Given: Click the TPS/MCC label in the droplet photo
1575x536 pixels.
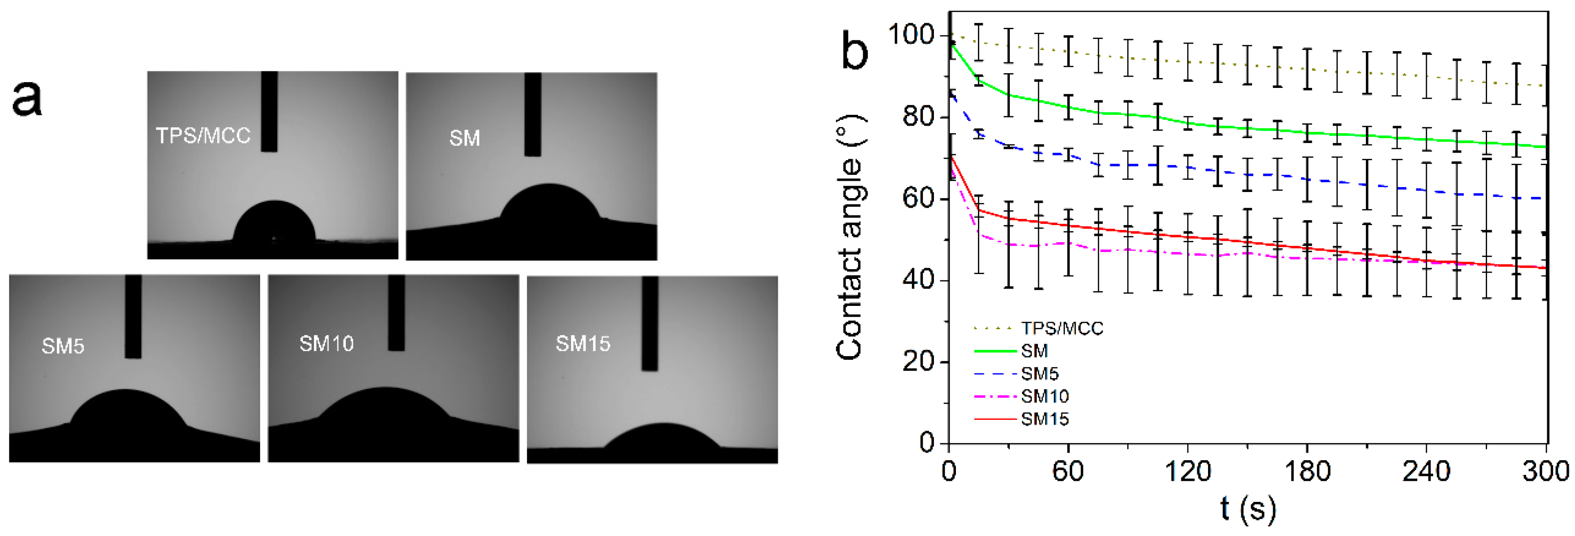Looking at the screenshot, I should (203, 135).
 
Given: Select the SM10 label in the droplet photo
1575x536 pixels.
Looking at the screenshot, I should (327, 344).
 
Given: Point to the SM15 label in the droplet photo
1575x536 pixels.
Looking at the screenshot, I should (583, 344).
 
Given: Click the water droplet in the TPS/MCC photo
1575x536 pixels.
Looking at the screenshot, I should (275, 223).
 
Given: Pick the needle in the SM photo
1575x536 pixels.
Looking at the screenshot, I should (532, 114).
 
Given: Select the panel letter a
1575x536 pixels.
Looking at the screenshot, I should (27, 99).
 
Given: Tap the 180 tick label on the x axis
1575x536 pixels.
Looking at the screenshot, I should (1307, 472).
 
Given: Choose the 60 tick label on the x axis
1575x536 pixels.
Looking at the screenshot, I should (1068, 472).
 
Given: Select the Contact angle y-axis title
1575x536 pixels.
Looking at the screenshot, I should (850, 237).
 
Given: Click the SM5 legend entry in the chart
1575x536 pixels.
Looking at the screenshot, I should (1039, 374).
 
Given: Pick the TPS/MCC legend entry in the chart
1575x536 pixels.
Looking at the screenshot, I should (1061, 328).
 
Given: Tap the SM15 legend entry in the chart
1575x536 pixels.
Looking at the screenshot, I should (1044, 418).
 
